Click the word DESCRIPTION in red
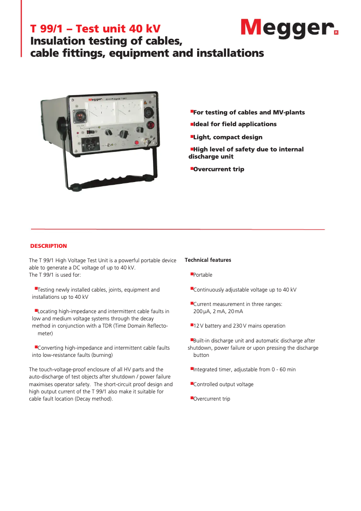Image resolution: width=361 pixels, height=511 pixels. [x=48, y=246]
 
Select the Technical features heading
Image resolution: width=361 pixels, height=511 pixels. [x=208, y=260]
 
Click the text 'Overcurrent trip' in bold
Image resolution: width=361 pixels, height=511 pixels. [x=218, y=169]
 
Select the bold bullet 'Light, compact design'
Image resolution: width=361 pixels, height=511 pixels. [x=227, y=137]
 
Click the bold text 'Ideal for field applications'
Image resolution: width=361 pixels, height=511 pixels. [x=235, y=124]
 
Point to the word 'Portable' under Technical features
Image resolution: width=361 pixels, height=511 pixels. [x=203, y=275]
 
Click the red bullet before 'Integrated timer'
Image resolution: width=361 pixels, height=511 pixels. [x=191, y=369]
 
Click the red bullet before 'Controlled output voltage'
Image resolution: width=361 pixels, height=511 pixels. [x=191, y=383]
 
